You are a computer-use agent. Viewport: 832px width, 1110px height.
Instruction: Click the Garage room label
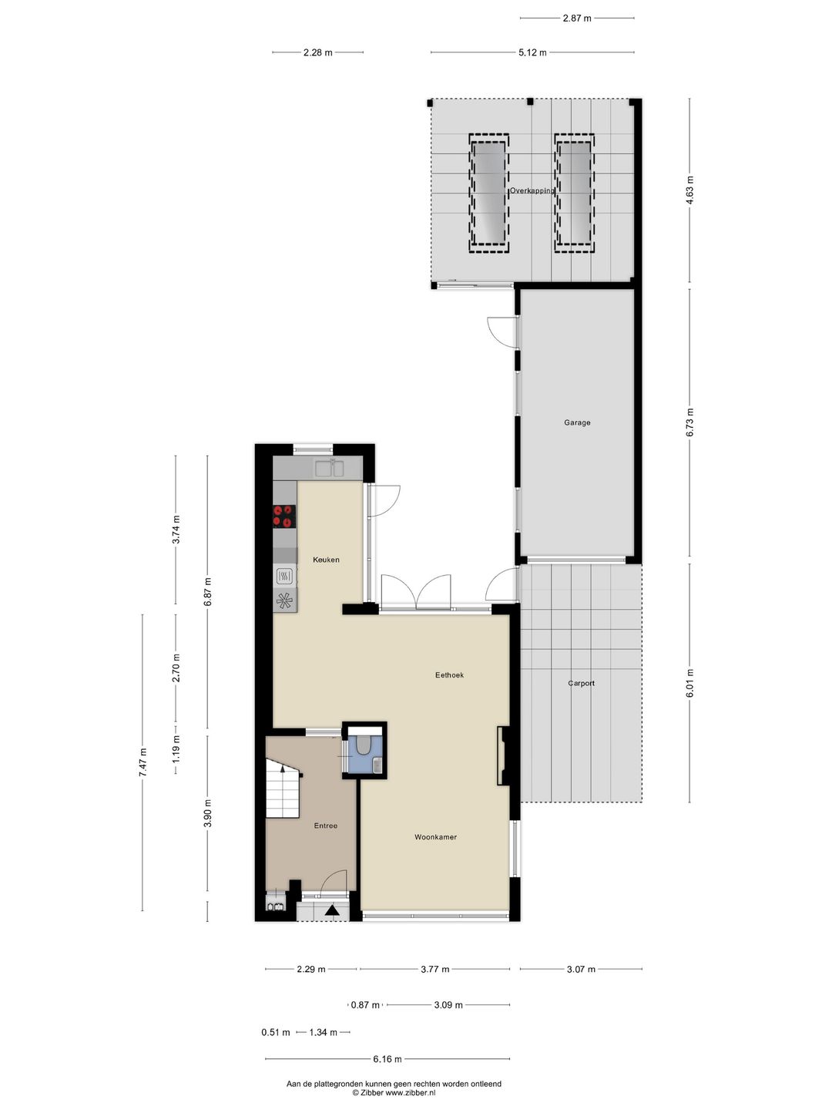pyautogui.click(x=577, y=422)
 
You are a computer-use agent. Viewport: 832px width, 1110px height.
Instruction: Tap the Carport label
pyautogui.click(x=581, y=683)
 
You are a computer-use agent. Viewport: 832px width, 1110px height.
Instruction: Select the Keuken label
pyautogui.click(x=326, y=560)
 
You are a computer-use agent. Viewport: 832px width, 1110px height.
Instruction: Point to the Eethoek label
pyautogui.click(x=449, y=675)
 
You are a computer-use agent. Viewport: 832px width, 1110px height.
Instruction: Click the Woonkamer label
pyautogui.click(x=435, y=837)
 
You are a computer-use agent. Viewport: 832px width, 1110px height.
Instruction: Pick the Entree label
pyautogui.click(x=325, y=826)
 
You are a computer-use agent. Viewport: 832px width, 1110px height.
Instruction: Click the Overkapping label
pyautogui.click(x=532, y=190)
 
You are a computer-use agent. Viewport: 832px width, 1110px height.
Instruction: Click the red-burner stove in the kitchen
pyautogui.click(x=284, y=515)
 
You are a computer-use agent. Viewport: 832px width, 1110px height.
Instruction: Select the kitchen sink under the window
pyautogui.click(x=332, y=467)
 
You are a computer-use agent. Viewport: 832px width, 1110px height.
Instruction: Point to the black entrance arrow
pyautogui.click(x=332, y=911)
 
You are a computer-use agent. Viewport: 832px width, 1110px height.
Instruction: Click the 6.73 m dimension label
pyautogui.click(x=689, y=422)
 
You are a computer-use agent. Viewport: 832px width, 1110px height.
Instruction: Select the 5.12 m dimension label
pyautogui.click(x=532, y=52)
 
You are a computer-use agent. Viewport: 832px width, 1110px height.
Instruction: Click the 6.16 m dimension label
pyautogui.click(x=387, y=1059)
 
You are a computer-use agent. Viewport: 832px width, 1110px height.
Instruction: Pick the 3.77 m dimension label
pyautogui.click(x=434, y=970)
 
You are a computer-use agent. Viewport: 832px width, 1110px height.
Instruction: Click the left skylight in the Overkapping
pyautogui.click(x=488, y=193)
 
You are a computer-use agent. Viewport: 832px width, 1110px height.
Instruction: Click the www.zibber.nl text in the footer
pyautogui.click(x=411, y=1093)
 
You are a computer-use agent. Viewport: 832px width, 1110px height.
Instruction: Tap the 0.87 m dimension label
pyautogui.click(x=365, y=1005)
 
